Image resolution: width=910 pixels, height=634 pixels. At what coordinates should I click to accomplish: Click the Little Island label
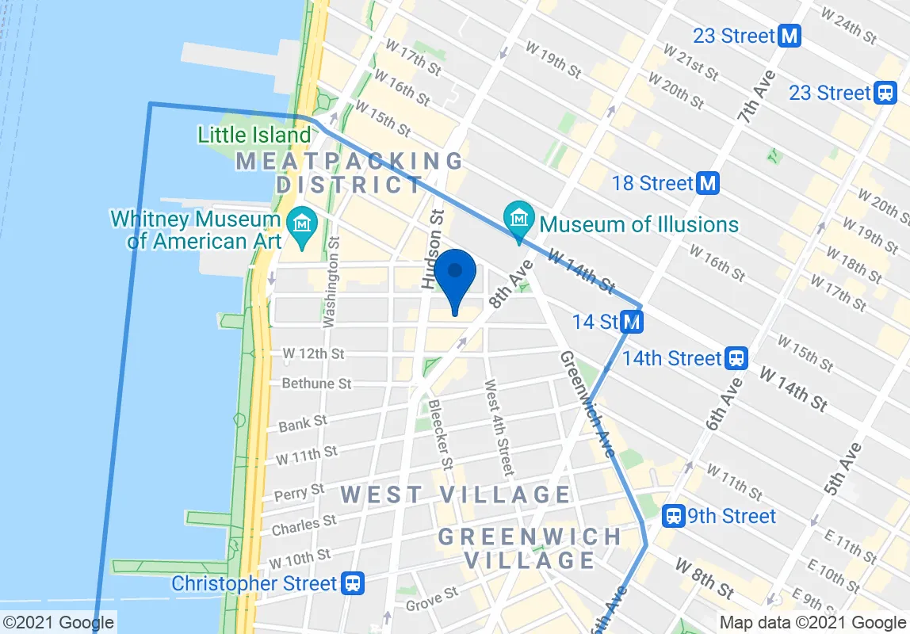pyautogui.click(x=254, y=135)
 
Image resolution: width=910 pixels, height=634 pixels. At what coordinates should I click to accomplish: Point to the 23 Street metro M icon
pyautogui.click(x=790, y=36)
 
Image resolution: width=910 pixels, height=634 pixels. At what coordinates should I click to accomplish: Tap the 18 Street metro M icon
pyautogui.click(x=708, y=184)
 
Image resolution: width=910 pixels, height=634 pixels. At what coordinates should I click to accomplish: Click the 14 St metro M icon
pyautogui.click(x=632, y=323)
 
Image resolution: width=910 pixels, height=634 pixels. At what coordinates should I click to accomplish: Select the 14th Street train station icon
pyautogui.click(x=736, y=359)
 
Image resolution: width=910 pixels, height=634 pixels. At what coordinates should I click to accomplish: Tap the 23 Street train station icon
pyautogui.click(x=885, y=93)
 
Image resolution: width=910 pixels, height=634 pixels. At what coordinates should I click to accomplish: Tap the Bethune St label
pyautogui.click(x=317, y=384)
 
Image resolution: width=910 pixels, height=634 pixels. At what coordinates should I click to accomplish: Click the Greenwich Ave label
pyautogui.click(x=586, y=404)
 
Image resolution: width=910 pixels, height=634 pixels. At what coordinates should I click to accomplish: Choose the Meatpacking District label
pyautogui.click(x=350, y=173)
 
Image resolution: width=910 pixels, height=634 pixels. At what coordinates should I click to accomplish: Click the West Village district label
pyautogui.click(x=455, y=495)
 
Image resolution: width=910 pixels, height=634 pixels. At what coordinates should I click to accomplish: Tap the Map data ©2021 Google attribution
pyautogui.click(x=812, y=623)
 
